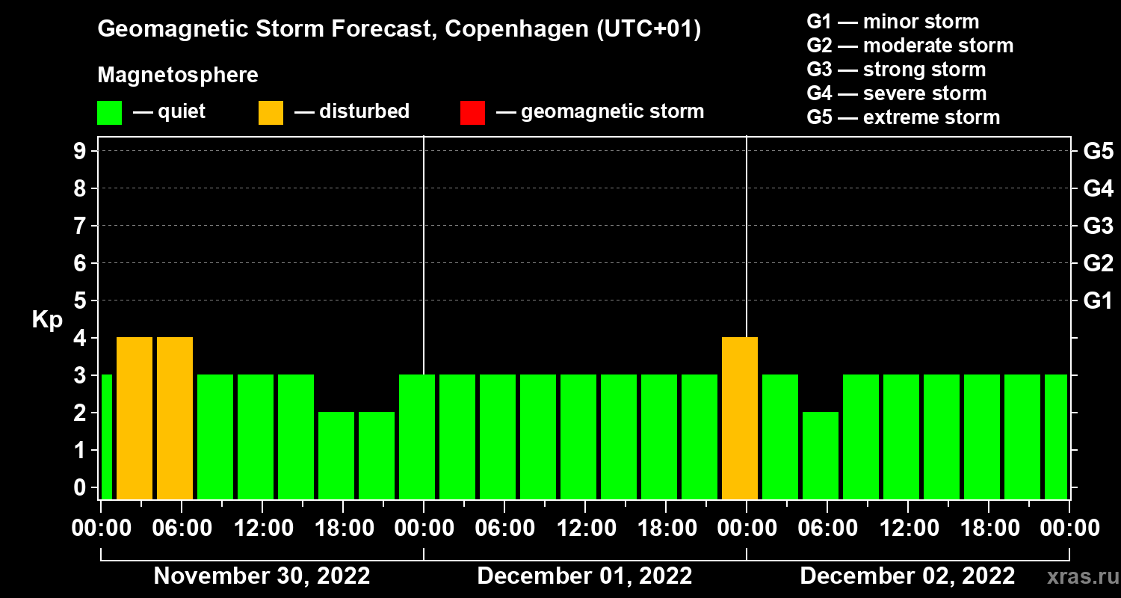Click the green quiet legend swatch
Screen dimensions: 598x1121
[109, 112]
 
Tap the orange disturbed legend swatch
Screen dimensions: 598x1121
[271, 112]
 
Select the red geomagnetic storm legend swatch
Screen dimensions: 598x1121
[472, 112]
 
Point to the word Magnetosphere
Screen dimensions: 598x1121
[178, 75]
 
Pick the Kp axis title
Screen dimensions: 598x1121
[46, 320]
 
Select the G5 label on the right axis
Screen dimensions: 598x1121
[1098, 151]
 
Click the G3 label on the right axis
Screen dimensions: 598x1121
[1098, 226]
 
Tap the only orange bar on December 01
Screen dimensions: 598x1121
[740, 418]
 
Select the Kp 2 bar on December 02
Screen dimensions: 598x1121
[821, 455]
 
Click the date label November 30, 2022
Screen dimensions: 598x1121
[262, 576]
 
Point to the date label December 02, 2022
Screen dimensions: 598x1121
[907, 576]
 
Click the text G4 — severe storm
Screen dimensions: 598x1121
[896, 93]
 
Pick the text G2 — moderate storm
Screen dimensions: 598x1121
[910, 46]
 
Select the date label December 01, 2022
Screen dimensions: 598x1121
[584, 576]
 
